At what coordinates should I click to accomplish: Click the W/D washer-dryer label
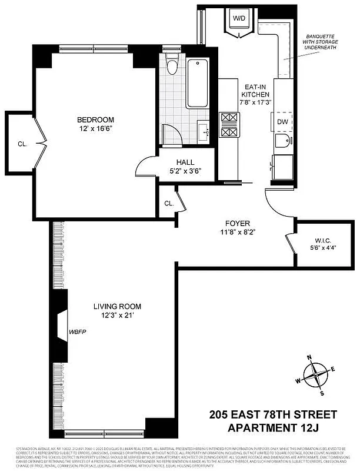click(x=239, y=18)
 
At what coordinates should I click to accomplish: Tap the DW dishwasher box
click(x=284, y=121)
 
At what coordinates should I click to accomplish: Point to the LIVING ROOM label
click(x=118, y=306)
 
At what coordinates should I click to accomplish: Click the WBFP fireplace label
click(x=78, y=331)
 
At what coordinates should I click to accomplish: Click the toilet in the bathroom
click(x=172, y=65)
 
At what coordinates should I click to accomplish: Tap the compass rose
click(x=317, y=374)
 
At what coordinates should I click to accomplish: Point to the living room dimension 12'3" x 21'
click(x=118, y=316)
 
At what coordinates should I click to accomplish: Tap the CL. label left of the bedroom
click(x=22, y=143)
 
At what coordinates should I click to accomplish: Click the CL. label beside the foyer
click(x=169, y=203)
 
